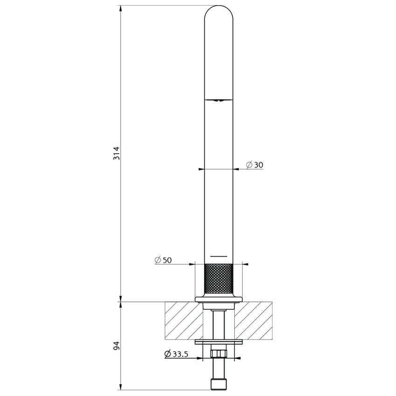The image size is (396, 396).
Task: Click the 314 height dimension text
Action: pyautogui.click(x=117, y=153)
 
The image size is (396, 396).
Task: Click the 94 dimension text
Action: pyautogui.click(x=117, y=346)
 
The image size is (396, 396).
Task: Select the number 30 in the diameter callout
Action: pyautogui.click(x=259, y=165)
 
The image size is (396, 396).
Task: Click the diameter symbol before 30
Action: pyautogui.click(x=249, y=165)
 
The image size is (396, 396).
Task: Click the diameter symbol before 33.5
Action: pyautogui.click(x=167, y=354)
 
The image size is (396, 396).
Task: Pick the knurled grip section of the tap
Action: pyautogui.click(x=219, y=278)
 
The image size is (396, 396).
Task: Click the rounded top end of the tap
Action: pyautogui.click(x=219, y=12)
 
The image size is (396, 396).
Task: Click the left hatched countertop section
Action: pyautogui.click(x=183, y=320)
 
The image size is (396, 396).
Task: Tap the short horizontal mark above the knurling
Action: pyautogui.click(x=218, y=256)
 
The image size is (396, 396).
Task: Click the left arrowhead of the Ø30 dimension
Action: pyautogui.click(x=201, y=169)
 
